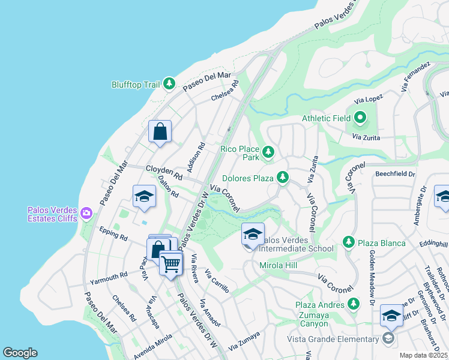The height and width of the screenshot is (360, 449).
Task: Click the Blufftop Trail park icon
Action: [x=170, y=85]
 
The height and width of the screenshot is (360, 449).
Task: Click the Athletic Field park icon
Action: [x=360, y=118]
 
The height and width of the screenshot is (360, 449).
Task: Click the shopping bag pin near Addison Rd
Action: [x=160, y=131]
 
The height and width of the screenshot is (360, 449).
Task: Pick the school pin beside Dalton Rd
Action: [x=144, y=197]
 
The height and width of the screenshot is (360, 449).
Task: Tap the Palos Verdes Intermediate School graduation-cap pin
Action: [x=253, y=234]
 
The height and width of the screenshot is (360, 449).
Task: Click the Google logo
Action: [x=20, y=353]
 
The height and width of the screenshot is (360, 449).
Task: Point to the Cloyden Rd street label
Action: [x=163, y=172]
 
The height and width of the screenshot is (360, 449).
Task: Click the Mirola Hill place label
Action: [x=279, y=265]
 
